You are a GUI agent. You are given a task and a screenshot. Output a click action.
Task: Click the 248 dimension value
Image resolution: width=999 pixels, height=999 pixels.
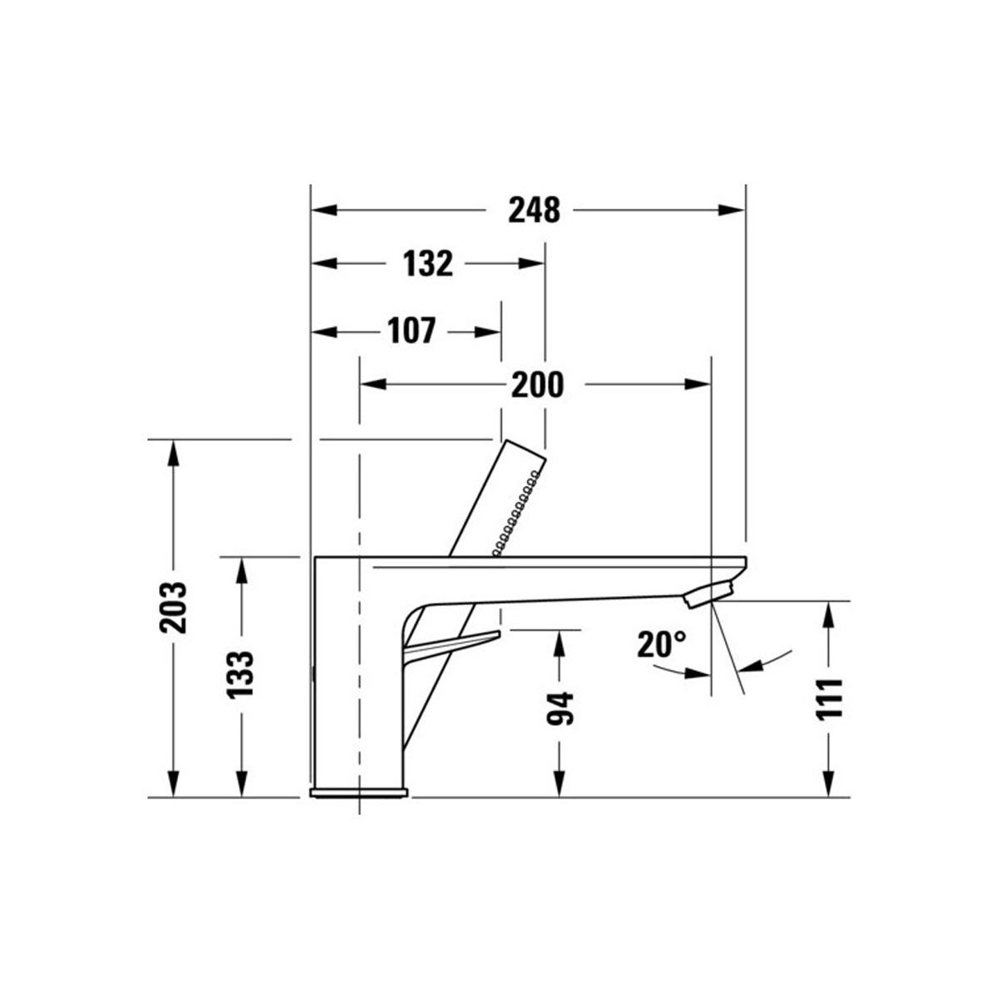point(534,210)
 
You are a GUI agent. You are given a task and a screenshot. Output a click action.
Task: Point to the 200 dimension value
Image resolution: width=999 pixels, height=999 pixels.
point(537,385)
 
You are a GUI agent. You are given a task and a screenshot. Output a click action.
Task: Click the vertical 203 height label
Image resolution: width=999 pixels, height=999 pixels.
point(172,607)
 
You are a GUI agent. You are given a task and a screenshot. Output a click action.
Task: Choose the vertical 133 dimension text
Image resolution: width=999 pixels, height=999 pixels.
point(241,674)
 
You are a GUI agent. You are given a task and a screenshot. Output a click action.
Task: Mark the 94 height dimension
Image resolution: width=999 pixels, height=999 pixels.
point(560,708)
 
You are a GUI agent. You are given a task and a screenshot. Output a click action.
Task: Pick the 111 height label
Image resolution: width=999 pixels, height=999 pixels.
point(829,698)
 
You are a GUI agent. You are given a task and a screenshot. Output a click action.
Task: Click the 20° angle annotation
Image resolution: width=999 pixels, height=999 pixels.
point(662,644)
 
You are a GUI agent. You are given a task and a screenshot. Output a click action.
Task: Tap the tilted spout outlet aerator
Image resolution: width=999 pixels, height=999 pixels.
point(708,594)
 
